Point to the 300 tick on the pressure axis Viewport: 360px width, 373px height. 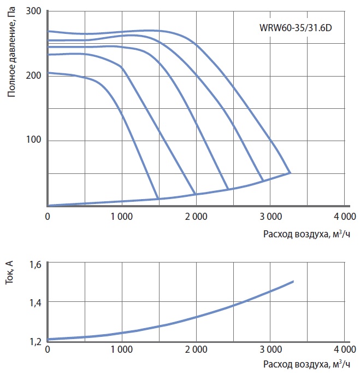35,11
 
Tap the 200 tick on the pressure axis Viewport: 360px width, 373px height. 35,75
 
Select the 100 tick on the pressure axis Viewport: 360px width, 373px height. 35,140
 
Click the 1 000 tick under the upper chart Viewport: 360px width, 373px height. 121,216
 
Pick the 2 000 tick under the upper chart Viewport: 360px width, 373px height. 195,216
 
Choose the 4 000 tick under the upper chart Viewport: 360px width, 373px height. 344,216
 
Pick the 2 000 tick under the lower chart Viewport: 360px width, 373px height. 195,349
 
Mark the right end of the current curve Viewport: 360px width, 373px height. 293,281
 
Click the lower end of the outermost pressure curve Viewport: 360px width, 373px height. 290,173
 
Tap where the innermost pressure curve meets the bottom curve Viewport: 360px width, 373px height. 158,198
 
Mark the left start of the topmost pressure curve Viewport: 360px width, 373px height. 49,31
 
